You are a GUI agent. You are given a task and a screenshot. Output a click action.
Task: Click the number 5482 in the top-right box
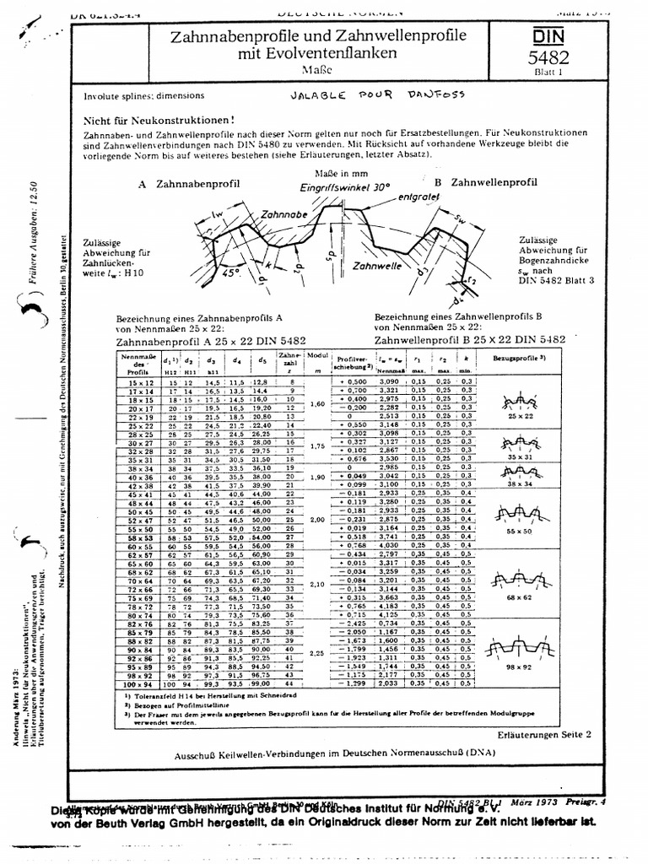tap(548, 57)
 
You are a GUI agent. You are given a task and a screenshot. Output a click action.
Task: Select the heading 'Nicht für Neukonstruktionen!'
tap(159, 121)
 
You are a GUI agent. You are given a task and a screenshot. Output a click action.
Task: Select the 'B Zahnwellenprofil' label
tap(483, 182)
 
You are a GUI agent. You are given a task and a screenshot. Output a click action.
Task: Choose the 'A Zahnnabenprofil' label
tap(187, 182)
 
